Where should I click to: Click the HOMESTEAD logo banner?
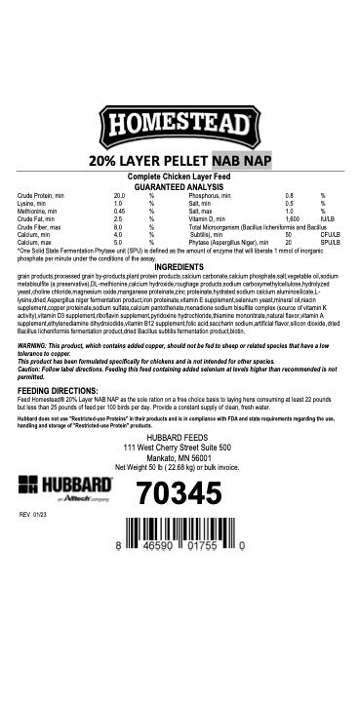(x=180, y=125)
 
